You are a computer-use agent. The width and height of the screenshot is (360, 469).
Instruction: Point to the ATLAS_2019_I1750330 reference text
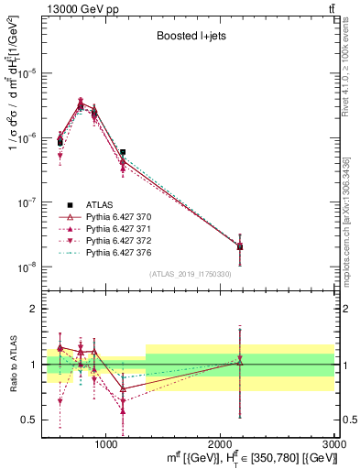[x=191, y=274]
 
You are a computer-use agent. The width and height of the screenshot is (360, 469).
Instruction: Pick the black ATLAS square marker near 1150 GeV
[x=123, y=153]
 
